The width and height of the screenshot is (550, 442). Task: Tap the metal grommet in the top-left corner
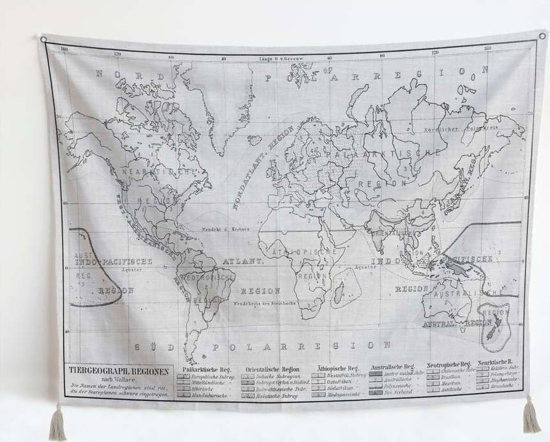[43, 40]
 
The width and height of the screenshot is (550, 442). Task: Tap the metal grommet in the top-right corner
[542, 36]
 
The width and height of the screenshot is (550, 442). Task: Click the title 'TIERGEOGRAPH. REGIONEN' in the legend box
[119, 371]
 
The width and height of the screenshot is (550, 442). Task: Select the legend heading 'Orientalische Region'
[272, 369]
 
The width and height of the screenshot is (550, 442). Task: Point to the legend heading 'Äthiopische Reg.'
[338, 369]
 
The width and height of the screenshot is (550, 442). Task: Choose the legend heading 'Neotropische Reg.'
[448, 364]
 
